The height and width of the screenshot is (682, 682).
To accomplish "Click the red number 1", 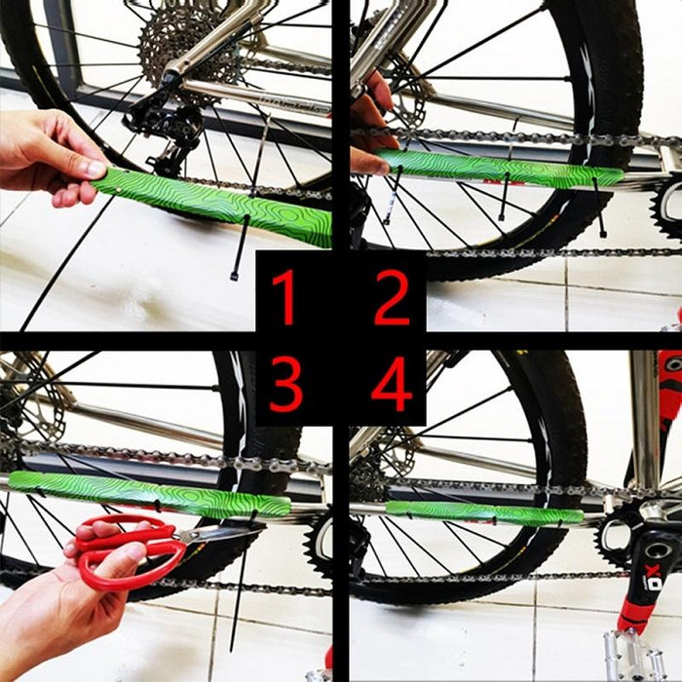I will (284, 297).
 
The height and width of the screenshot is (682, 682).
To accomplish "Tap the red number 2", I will (392, 297).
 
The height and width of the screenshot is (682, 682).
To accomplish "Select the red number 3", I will (285, 383).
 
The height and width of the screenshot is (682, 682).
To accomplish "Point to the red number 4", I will (392, 383).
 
